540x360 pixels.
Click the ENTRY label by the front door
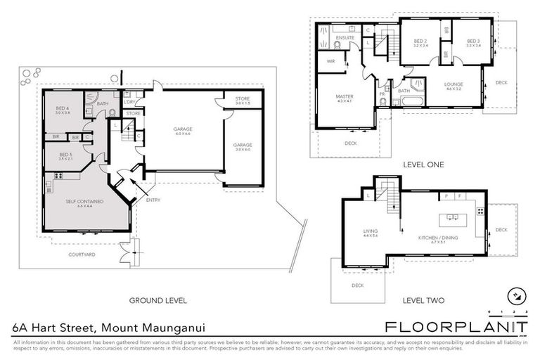coord(153,200)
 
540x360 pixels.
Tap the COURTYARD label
coord(82,255)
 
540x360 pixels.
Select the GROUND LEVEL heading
coord(157,301)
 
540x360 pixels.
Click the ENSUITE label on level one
coord(345,37)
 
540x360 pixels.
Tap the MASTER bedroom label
coord(344,98)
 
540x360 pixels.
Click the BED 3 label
coord(473,44)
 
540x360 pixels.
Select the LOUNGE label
coord(453,86)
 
